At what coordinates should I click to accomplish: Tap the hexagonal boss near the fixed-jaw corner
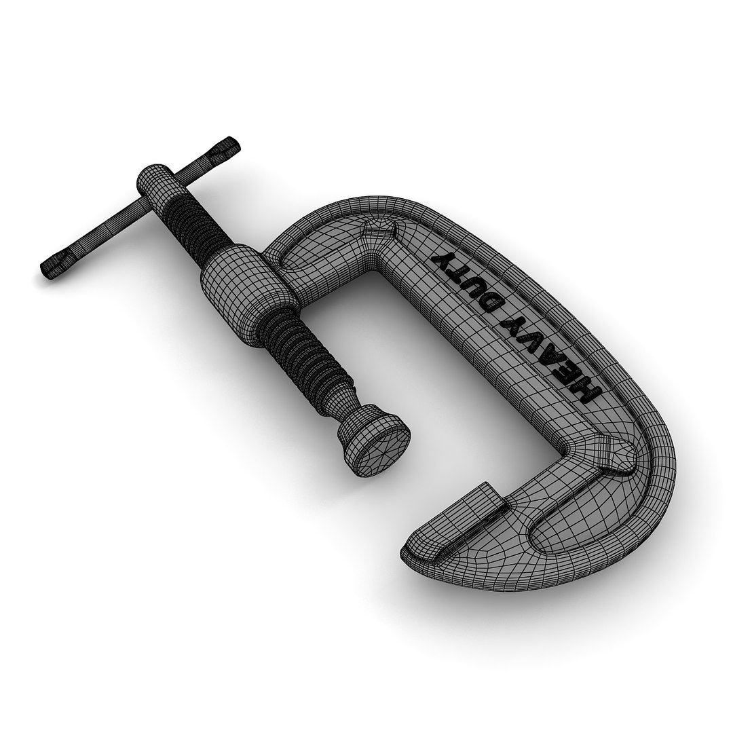(614, 455)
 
